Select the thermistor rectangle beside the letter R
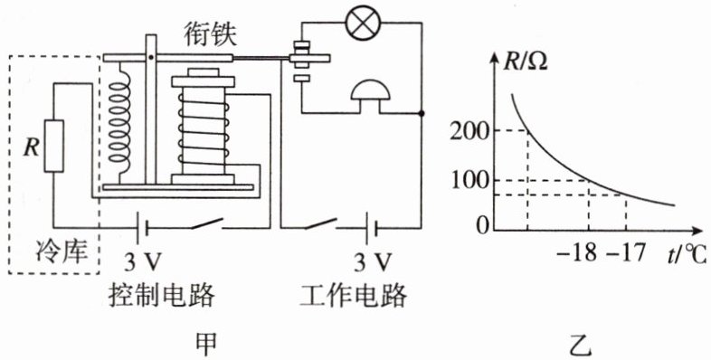click(53, 146)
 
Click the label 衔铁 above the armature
click(210, 34)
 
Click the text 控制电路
click(161, 297)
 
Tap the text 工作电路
click(354, 297)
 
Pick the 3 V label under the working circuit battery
click(373, 261)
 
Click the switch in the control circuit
click(207, 224)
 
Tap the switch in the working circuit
click(320, 223)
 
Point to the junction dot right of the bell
click(422, 113)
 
